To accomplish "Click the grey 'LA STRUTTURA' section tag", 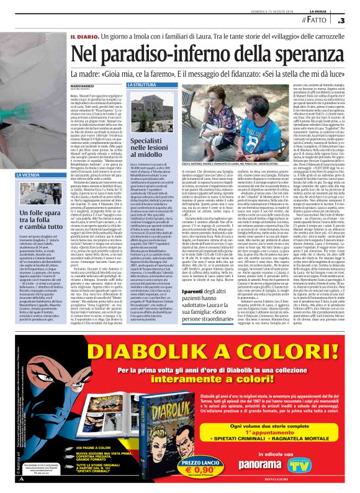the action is click(x=144, y=84).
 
